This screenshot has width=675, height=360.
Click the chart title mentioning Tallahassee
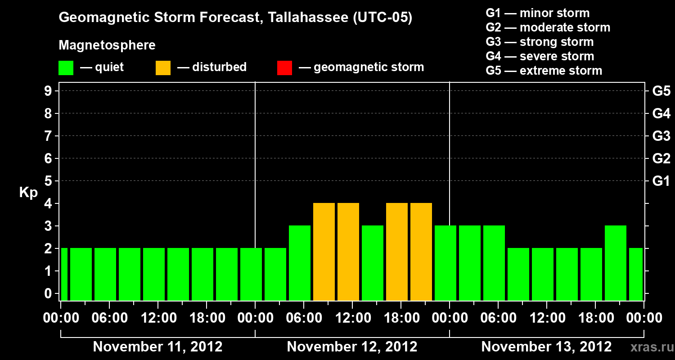click(235, 18)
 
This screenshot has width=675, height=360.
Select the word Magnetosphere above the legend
click(107, 45)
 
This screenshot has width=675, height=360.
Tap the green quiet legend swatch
click(66, 68)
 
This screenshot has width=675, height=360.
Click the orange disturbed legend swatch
click(163, 68)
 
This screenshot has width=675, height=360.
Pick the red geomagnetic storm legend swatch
click(284, 68)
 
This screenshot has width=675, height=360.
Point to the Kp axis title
click(28, 193)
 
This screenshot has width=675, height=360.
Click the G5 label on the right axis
click(661, 91)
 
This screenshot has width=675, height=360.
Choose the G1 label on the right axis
click(661, 181)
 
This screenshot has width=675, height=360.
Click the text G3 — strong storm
click(540, 42)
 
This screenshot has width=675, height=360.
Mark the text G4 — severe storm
click(540, 56)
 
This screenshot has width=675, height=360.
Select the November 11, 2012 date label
click(157, 347)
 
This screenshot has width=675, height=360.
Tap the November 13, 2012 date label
click(546, 347)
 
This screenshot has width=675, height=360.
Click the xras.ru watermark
click(649, 347)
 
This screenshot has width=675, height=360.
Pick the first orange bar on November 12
click(324, 252)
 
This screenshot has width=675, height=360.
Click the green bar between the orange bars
click(373, 263)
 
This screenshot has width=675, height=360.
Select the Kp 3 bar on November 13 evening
click(616, 263)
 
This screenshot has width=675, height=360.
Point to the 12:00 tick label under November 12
click(352, 318)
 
